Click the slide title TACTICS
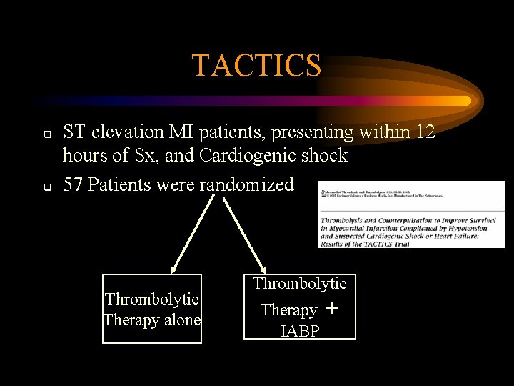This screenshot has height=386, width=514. coord(256,66)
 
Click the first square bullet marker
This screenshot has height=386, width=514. coord(45,134)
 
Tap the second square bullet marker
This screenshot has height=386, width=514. coord(45,187)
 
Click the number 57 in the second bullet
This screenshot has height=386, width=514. coord(73,185)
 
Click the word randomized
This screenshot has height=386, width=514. coord(246,185)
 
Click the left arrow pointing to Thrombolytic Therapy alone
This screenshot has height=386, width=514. coord(192,235)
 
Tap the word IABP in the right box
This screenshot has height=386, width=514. coord(299,331)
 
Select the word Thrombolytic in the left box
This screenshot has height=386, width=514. coord(151,299)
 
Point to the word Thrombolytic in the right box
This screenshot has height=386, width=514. coord(299,284)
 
